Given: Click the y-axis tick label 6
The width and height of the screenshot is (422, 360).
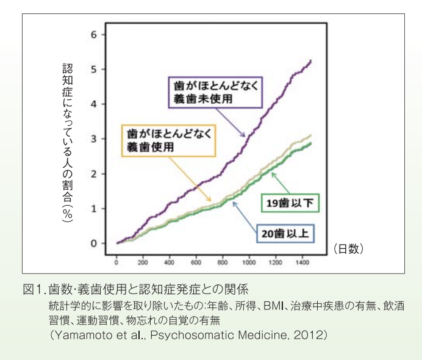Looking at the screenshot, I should point(94,34).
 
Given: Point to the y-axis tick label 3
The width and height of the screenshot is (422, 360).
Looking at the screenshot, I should point(94,139).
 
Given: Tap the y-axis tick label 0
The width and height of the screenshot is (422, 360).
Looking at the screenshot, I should point(94,243).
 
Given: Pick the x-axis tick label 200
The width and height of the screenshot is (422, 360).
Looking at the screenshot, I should point(143,263).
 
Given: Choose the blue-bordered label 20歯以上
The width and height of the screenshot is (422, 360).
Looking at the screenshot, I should point(284,233).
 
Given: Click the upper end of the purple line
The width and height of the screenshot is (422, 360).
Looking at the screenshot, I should point(311,60).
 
